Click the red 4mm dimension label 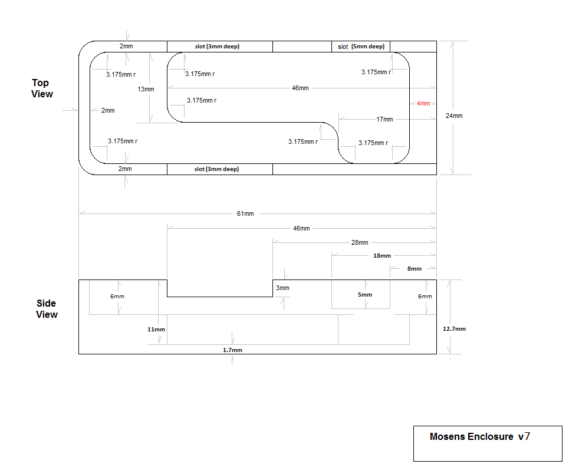[x=423, y=104]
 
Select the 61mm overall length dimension [x=245, y=213]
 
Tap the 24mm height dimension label [x=455, y=116]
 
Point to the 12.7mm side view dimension [x=454, y=329]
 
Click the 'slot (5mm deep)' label [x=361, y=47]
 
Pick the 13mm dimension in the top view [x=146, y=89]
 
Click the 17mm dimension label [x=384, y=119]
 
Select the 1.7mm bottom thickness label [x=232, y=350]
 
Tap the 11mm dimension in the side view [x=156, y=329]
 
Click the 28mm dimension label [x=360, y=242]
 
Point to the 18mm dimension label [x=381, y=256]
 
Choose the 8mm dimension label [x=415, y=269]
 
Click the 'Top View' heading [x=42, y=88]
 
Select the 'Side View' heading [x=47, y=309]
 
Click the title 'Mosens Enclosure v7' [x=479, y=437]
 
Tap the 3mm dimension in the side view [x=282, y=288]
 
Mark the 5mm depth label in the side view [x=365, y=295]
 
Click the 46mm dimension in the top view [x=300, y=88]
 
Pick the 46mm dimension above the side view [x=301, y=228]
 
